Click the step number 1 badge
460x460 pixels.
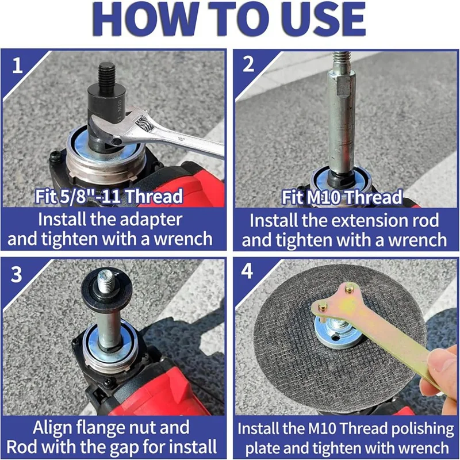click(x=17, y=65)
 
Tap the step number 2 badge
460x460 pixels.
click(x=248, y=64)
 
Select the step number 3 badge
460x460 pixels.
click(x=16, y=274)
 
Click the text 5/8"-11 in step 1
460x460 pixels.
click(x=90, y=196)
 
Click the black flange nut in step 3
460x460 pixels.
click(x=107, y=288)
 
